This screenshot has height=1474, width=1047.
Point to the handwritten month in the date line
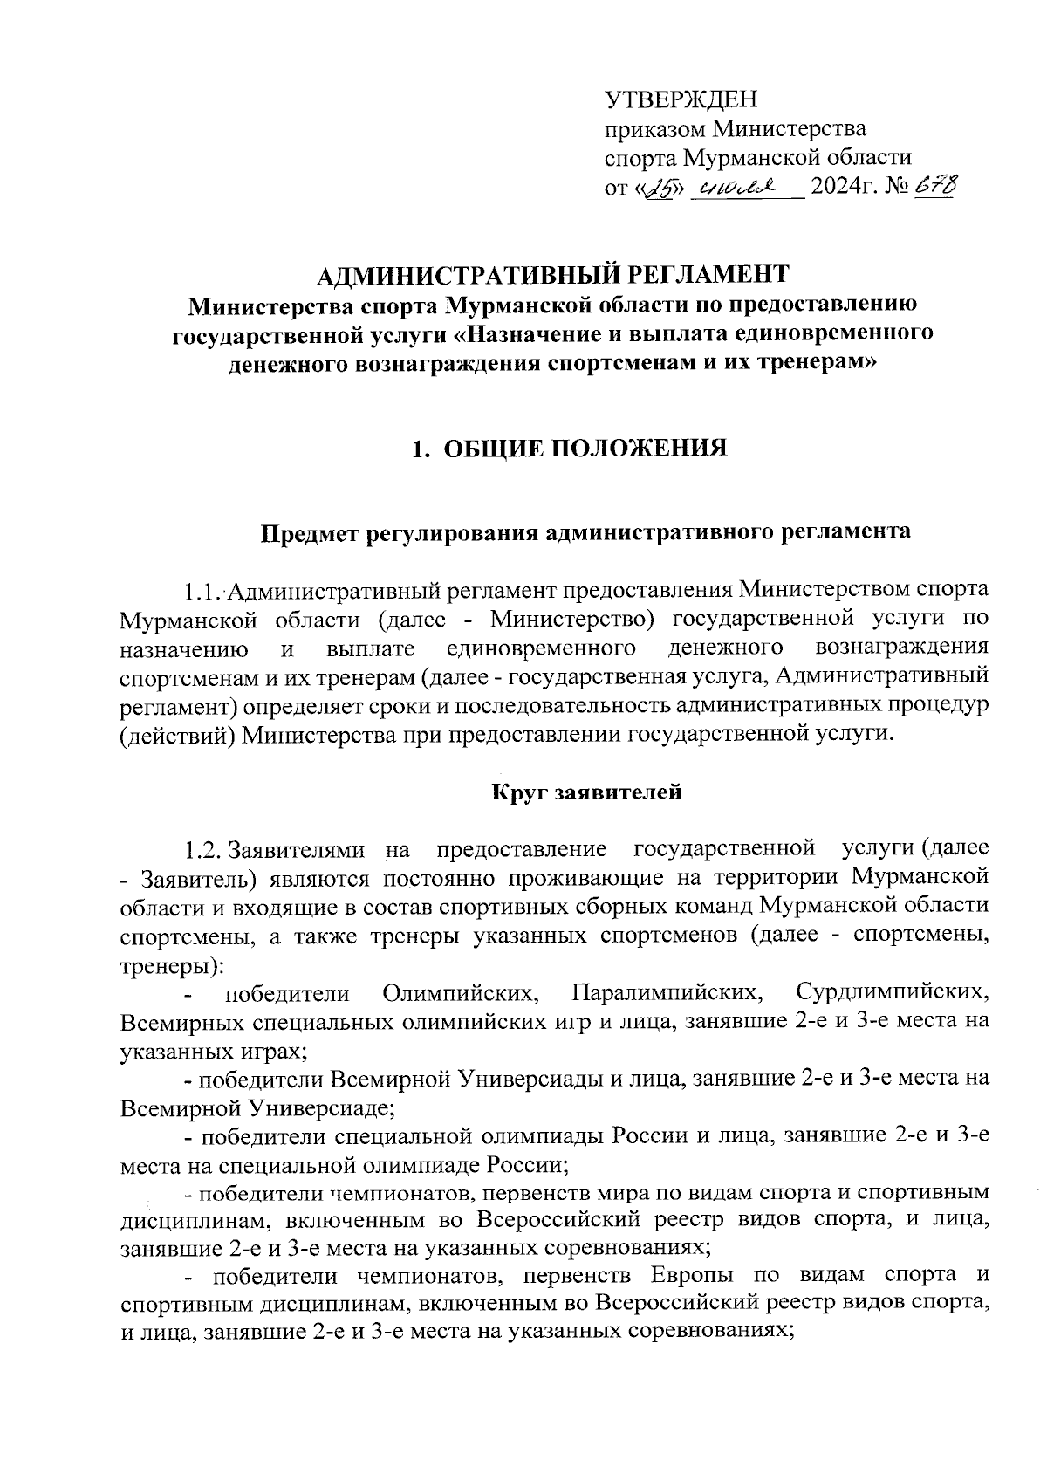pos(733,187)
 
